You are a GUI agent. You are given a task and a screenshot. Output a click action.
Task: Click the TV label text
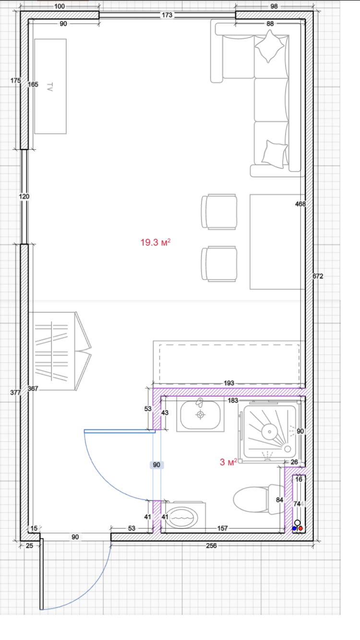(50, 87)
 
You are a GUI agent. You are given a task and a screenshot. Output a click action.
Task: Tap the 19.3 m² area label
(155, 242)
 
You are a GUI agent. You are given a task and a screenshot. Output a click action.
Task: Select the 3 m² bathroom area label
(228, 462)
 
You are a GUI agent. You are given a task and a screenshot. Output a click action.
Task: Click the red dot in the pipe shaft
(300, 528)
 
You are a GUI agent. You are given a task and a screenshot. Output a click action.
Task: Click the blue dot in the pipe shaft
(294, 528)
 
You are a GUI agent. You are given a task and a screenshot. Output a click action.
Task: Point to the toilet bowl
(251, 499)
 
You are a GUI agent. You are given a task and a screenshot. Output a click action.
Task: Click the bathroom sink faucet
(200, 403)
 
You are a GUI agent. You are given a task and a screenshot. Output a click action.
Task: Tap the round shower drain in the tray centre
(269, 432)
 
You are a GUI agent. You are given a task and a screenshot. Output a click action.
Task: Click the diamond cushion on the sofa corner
(269, 46)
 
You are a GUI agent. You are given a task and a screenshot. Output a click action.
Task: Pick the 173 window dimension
(167, 15)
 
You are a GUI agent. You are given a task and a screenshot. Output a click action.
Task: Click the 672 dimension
(318, 276)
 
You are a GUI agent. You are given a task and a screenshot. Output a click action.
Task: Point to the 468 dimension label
(300, 204)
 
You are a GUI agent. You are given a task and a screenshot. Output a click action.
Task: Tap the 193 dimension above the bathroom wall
(229, 383)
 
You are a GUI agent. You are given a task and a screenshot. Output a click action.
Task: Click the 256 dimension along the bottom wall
(211, 545)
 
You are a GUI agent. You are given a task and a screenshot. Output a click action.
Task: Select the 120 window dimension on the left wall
(24, 197)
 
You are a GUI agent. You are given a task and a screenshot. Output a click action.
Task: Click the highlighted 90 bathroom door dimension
(156, 465)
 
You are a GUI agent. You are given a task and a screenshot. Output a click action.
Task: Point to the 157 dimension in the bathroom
(222, 528)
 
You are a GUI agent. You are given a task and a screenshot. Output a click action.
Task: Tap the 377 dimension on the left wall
(15, 392)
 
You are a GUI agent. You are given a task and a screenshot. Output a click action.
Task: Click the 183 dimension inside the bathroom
(233, 401)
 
